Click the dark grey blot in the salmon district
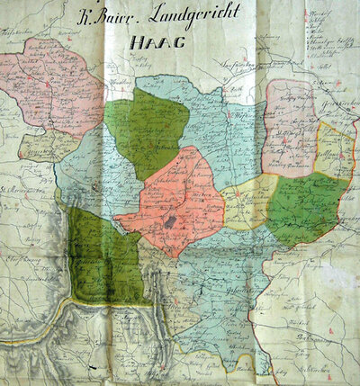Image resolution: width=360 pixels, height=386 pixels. tap(171, 220)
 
